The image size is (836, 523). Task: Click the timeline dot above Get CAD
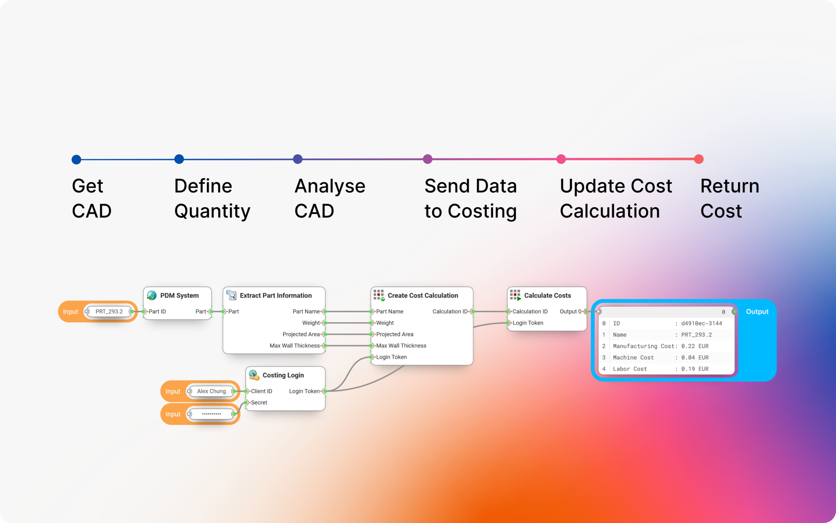coord(76,160)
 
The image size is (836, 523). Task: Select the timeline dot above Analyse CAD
coord(298,159)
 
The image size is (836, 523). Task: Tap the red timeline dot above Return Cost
coord(699,159)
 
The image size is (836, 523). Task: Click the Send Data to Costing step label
coord(471,198)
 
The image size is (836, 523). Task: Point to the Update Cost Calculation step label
coord(616,198)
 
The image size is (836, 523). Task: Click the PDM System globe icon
coord(152,295)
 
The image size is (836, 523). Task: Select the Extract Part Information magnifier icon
coord(231,295)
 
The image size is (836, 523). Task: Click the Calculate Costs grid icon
coord(515,295)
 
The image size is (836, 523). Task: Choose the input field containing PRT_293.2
coord(109,311)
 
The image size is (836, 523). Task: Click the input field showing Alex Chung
coord(211,391)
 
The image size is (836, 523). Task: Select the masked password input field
coord(211,414)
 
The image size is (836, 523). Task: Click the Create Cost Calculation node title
coord(423,295)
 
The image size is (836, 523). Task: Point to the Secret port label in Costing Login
coord(259,403)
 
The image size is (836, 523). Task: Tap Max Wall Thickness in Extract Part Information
coord(295,346)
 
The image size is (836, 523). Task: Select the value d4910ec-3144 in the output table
coord(702,324)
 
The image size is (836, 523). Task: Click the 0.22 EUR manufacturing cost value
coord(695,346)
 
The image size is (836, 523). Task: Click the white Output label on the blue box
coord(757,312)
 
